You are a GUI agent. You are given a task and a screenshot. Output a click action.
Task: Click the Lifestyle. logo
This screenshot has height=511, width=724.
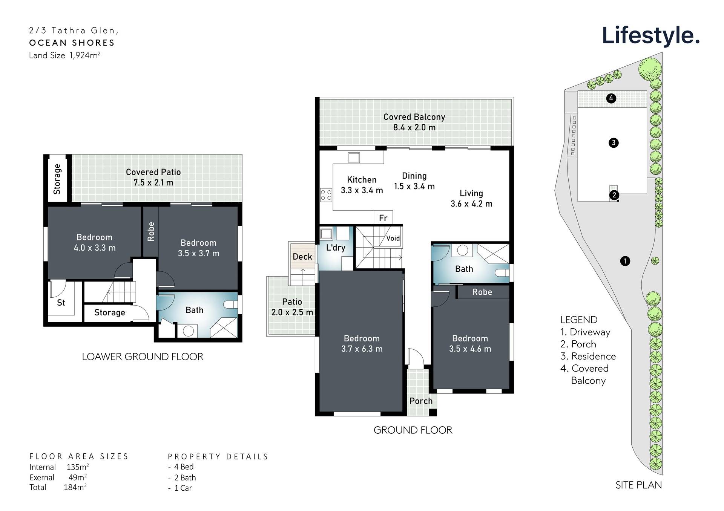pos(650,35)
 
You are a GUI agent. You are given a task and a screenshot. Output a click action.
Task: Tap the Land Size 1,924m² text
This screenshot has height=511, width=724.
pos(64,55)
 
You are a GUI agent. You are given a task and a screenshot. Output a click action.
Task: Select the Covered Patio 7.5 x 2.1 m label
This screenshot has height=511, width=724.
pos(153,177)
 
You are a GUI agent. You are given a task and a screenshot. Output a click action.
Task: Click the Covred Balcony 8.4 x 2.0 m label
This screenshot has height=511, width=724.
pos(414,122)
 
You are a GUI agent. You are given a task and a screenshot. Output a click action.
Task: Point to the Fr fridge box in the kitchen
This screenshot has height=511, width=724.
pos(383,218)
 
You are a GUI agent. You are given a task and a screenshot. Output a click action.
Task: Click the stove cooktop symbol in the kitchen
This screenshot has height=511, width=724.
pos(326,195)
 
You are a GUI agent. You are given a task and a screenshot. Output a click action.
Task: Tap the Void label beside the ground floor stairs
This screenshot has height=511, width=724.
pos(393,238)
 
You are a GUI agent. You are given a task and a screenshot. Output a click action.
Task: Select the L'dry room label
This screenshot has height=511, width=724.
pos(335,248)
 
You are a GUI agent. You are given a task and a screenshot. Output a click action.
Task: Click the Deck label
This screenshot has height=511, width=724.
pos(302,257)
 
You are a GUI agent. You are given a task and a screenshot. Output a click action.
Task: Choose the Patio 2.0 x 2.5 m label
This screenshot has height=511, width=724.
pos(292,307)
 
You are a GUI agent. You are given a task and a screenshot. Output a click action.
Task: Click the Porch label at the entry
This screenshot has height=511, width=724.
pos(421,401)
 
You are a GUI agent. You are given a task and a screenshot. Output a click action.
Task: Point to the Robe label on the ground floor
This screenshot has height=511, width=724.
pos(482,292)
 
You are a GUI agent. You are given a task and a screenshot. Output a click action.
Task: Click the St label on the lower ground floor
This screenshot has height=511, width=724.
pos(61,303)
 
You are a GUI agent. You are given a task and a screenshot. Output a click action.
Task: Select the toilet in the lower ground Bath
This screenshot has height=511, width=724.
pos(230,304)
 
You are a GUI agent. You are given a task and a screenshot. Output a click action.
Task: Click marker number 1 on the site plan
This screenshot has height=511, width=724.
pos(625,261)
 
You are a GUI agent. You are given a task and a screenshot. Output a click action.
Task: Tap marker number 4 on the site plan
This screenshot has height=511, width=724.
pos(611,98)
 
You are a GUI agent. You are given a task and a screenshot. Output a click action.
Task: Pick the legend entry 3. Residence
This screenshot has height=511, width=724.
pos(588,356)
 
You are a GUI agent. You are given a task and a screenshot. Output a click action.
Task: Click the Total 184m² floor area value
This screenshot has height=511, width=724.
pos(75,487)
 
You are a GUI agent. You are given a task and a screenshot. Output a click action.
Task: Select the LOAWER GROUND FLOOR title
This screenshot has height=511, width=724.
pos(143,356)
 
